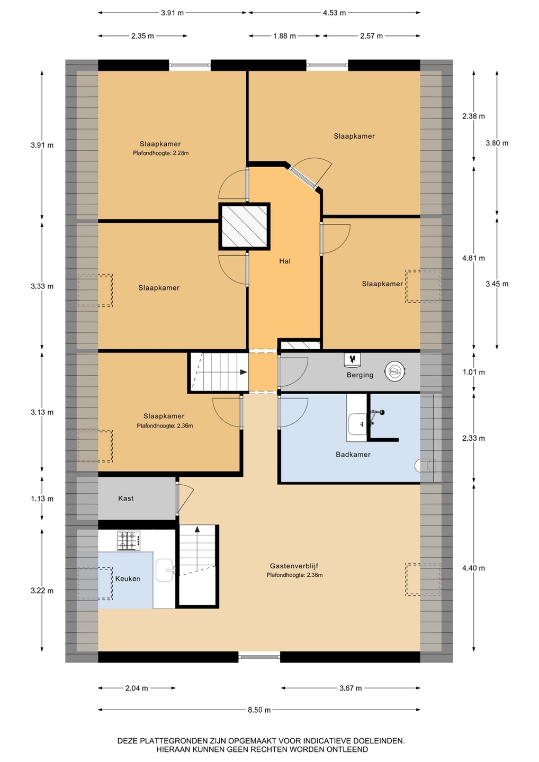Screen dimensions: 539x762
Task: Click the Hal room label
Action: tap(285, 261)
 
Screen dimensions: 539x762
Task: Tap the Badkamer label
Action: tap(353, 454)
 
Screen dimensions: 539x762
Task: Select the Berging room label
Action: tap(360, 375)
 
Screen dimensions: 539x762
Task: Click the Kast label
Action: tap(125, 498)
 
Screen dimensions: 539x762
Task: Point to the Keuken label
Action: tap(128, 578)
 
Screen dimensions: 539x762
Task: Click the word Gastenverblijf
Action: tap(294, 566)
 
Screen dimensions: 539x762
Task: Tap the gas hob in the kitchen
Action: tap(129, 541)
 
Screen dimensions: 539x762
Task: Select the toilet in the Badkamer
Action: tap(425, 466)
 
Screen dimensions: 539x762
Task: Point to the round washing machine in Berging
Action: tap(395, 370)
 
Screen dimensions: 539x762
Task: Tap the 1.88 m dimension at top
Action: tap(284, 36)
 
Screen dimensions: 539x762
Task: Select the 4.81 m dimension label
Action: tap(473, 258)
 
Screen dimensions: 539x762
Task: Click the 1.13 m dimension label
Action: tap(42, 499)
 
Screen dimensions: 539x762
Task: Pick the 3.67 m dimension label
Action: tap(351, 688)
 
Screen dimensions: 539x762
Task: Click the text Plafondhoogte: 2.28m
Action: tap(160, 153)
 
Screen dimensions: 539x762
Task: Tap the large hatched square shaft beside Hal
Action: tap(244, 226)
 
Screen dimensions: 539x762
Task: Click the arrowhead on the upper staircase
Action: tap(244, 372)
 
